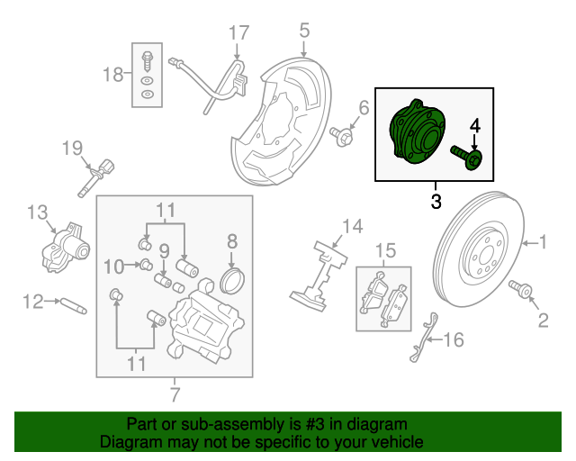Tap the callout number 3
[x=436, y=202]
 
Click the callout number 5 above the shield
[x=304, y=31]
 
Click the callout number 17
[x=238, y=34]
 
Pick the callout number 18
[x=112, y=74]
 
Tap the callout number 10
[x=112, y=266]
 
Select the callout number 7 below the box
[x=174, y=393]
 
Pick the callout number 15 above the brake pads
[x=385, y=249]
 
